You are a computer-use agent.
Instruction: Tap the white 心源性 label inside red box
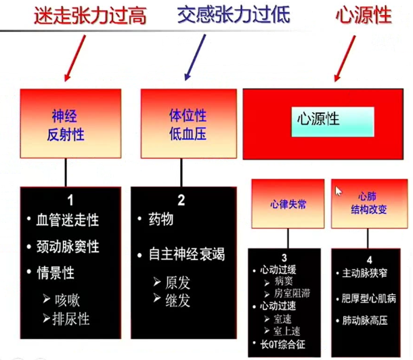[318, 119]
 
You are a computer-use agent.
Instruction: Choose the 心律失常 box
[287, 204]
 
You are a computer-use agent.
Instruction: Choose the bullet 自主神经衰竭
[187, 255]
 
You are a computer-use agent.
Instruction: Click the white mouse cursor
[339, 192]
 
